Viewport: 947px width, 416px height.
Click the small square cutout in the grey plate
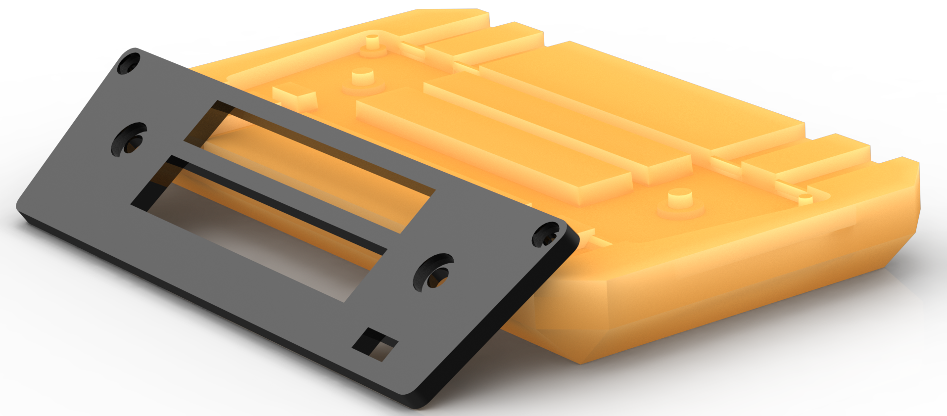375,344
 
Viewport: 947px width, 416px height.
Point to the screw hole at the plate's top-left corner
128,64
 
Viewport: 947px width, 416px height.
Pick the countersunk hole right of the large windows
433,273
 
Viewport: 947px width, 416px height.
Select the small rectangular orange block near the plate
295,96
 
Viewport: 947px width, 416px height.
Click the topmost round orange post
373,43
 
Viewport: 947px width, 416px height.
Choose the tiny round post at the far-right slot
805,199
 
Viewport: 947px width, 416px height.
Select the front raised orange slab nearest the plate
490,148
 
